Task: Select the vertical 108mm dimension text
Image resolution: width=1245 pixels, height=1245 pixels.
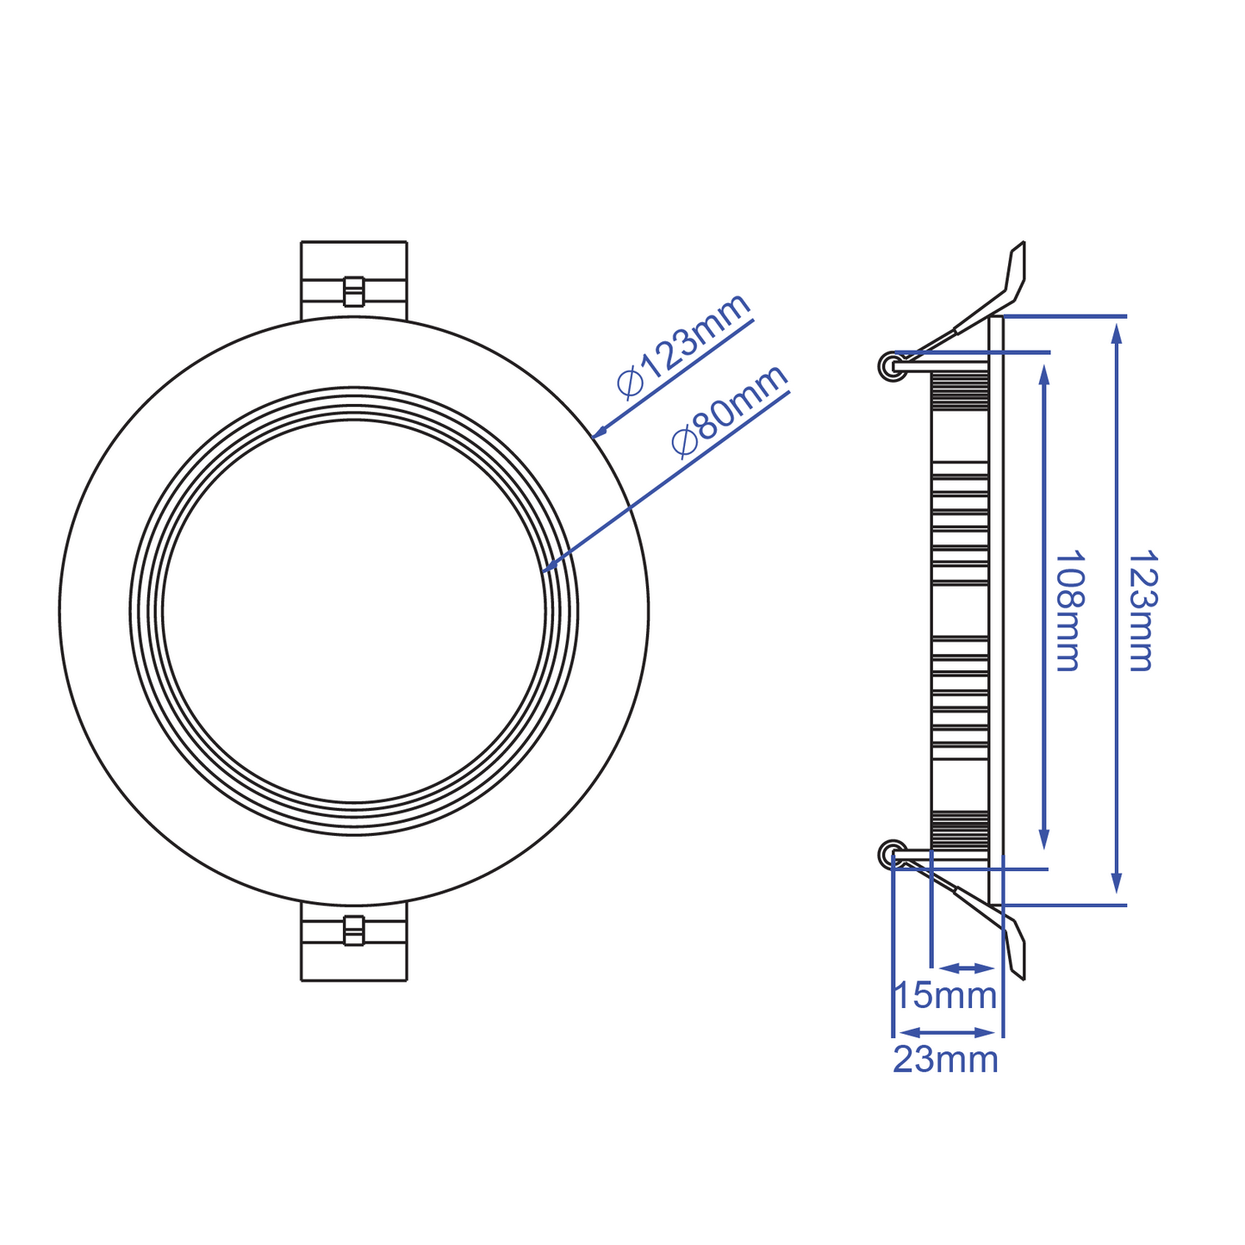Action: (1068, 611)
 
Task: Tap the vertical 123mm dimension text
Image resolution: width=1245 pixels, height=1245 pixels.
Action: (1142, 611)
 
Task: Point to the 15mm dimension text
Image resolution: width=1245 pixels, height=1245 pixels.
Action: (945, 995)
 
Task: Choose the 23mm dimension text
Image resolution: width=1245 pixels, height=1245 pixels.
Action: (945, 1059)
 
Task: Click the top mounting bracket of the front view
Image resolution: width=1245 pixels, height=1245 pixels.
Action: (353, 280)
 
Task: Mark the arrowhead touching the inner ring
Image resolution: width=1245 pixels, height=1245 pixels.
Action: (548, 568)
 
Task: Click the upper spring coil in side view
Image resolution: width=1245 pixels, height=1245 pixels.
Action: (889, 367)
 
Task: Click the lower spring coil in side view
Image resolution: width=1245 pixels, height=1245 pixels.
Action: (889, 855)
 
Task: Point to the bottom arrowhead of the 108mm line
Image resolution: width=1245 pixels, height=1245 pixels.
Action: (1044, 840)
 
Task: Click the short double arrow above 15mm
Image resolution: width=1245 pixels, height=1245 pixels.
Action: (968, 968)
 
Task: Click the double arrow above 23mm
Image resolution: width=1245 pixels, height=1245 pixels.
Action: (947, 1032)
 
